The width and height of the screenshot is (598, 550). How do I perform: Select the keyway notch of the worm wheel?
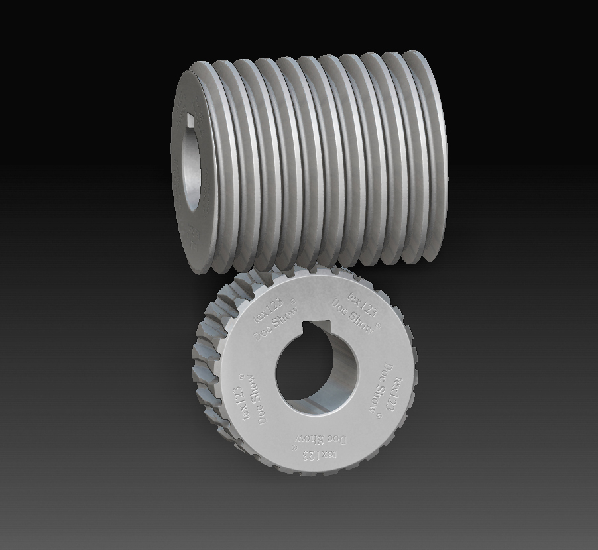pos(317,325)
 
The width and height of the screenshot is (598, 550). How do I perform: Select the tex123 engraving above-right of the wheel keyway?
pos(363,303)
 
